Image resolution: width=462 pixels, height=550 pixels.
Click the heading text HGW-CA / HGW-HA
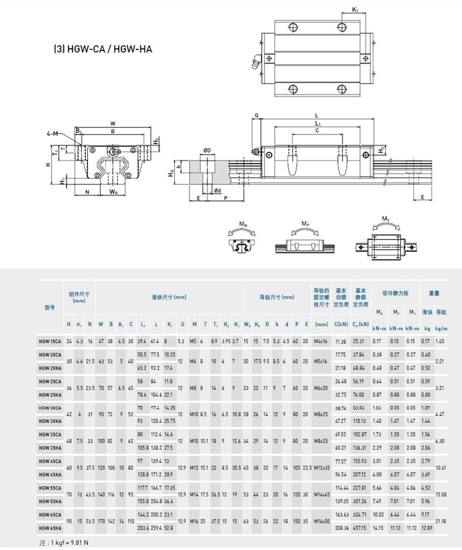click(x=102, y=49)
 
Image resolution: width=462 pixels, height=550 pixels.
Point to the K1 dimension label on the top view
click(x=356, y=10)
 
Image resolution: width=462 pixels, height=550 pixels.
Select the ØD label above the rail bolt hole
click(x=207, y=150)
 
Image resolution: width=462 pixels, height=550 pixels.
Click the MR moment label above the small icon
click(x=243, y=224)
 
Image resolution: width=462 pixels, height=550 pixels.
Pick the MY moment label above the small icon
click(x=385, y=219)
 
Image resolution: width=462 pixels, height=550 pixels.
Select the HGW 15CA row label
click(x=50, y=341)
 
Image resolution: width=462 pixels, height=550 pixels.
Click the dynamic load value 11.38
click(x=340, y=341)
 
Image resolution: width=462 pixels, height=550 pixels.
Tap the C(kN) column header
click(x=340, y=324)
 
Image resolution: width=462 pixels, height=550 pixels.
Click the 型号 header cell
click(x=49, y=308)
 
